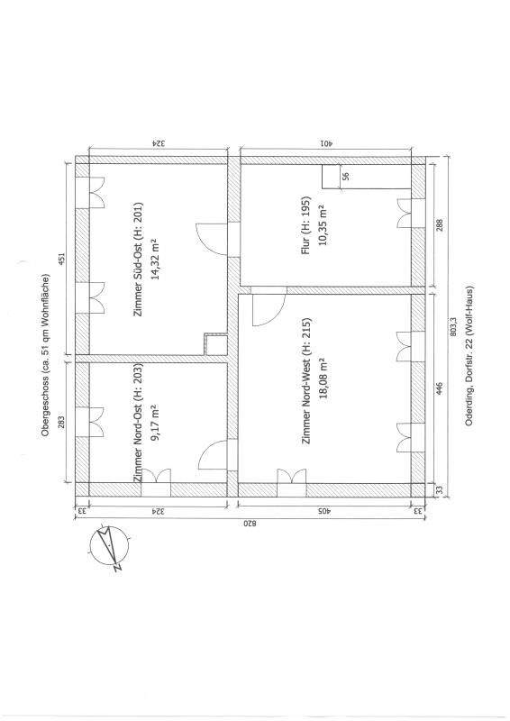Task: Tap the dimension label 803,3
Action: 453,326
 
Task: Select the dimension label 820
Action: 249,524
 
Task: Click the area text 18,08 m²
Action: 322,379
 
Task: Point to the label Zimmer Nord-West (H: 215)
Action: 306,380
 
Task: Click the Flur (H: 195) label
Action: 305,226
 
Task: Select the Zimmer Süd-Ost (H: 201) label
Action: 139,259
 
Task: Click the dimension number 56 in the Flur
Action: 346,176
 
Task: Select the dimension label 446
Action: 440,388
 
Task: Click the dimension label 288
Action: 440,226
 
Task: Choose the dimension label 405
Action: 324,510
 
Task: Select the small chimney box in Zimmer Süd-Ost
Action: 216,345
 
